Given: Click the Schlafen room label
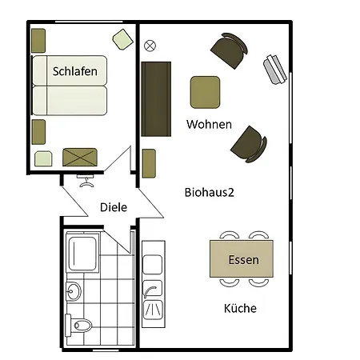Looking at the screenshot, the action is click(x=75, y=71).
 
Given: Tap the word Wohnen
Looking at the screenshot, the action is click(x=209, y=124).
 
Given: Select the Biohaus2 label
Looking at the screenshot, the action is click(x=210, y=192).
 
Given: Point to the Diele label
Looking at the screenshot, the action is click(x=114, y=207).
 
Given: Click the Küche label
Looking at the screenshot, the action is click(x=240, y=308).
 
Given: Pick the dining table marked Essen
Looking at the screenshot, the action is click(x=242, y=258).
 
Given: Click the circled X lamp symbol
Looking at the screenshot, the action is click(x=150, y=46).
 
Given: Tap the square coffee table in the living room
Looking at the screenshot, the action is click(x=205, y=92).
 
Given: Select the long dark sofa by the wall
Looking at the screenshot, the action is click(x=156, y=99).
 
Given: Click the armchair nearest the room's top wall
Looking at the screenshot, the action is click(x=230, y=50).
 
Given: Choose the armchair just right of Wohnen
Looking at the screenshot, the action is click(x=249, y=144).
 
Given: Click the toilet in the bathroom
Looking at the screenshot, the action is click(x=78, y=326).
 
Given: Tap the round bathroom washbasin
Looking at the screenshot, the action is click(x=73, y=291).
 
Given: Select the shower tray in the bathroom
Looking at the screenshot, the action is click(x=82, y=253).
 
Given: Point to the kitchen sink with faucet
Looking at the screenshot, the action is click(x=153, y=288).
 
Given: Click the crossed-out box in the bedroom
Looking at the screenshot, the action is click(x=80, y=158).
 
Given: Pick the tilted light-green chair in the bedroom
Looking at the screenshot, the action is click(x=122, y=39).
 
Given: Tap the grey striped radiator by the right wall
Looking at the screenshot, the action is click(x=275, y=70).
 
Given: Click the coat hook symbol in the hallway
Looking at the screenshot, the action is click(x=86, y=181).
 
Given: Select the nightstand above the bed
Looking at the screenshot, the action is click(x=38, y=41).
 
